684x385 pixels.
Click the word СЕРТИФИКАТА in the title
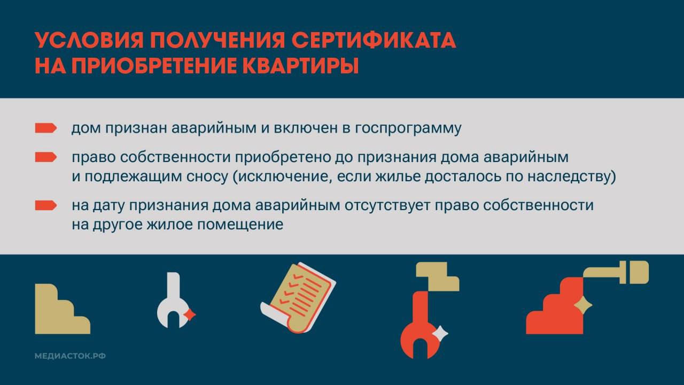[x=372, y=41]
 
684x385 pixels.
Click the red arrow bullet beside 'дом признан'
[x=45, y=128]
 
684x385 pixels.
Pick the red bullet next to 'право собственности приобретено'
[x=45, y=157]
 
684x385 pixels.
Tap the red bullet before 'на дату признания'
[x=45, y=205]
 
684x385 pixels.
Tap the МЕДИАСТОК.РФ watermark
[x=69, y=356]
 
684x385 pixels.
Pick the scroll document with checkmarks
[x=297, y=297]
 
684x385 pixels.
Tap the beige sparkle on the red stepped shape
[x=583, y=306]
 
